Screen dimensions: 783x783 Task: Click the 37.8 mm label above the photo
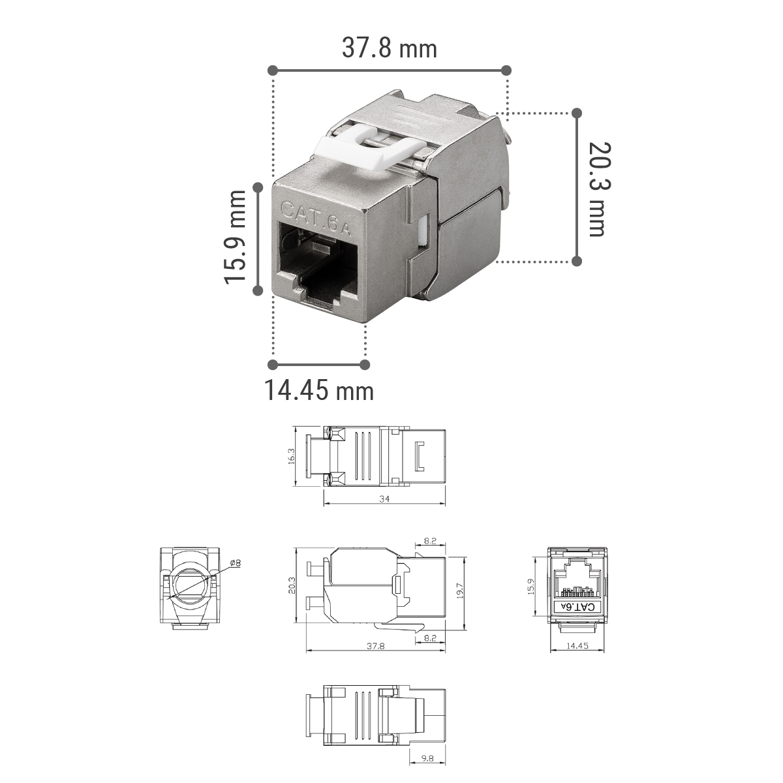click(x=390, y=48)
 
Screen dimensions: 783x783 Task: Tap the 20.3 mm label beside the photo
click(x=600, y=189)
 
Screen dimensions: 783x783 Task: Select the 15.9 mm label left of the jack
click(x=235, y=238)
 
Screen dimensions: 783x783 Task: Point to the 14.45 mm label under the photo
click(x=319, y=390)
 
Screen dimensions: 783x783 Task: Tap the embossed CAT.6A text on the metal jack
click(x=315, y=218)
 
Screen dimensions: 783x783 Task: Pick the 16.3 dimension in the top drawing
click(x=291, y=456)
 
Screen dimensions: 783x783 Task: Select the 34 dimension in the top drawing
click(x=384, y=499)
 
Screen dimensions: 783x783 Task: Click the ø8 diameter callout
click(x=236, y=563)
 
